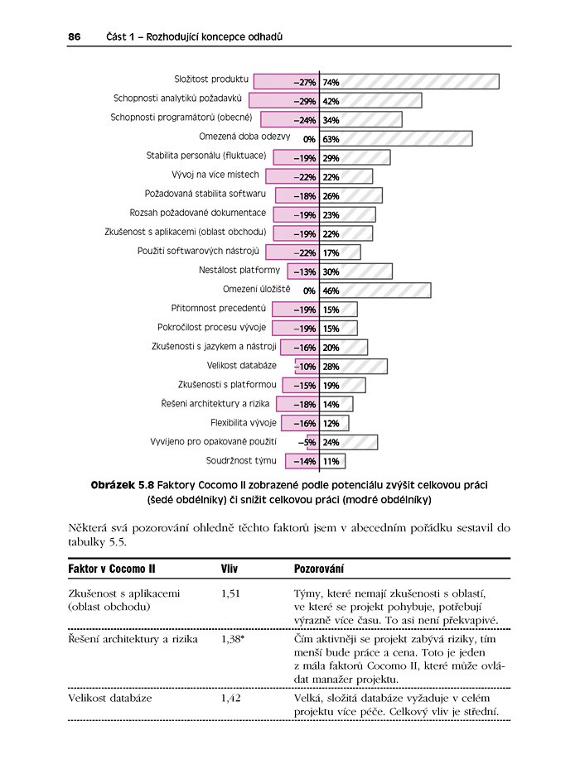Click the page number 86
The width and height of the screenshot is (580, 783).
[74, 37]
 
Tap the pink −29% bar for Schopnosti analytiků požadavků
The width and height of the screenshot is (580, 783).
[285, 101]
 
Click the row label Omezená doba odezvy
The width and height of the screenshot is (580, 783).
[244, 137]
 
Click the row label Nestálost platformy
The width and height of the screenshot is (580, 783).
[239, 270]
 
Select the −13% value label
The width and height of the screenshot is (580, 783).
[304, 271]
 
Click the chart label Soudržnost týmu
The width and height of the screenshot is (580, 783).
[241, 460]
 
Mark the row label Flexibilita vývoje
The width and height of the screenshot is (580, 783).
[244, 422]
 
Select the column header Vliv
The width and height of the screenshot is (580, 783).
[230, 569]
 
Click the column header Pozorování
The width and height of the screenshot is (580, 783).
[320, 569]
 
